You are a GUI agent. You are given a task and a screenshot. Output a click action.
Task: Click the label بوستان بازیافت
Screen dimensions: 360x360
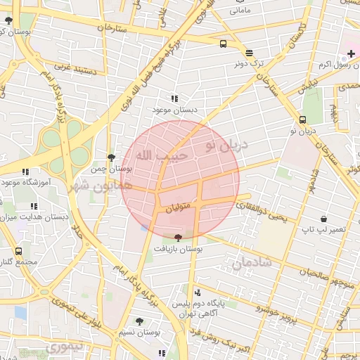[x=177, y=249]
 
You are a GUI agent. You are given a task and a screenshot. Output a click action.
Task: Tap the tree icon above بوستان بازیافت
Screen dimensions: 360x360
[x=177, y=238]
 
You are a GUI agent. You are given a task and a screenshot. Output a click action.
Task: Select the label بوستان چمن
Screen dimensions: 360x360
[x=112, y=169]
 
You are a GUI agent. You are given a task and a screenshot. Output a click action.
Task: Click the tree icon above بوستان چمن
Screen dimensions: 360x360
[x=111, y=157]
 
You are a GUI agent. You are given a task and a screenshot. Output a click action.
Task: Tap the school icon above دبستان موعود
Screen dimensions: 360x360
[x=174, y=99]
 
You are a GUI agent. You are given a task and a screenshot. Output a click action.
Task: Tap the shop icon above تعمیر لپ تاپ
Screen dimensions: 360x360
[x=323, y=219]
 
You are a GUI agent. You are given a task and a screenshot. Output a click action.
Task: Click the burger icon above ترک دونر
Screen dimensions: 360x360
[x=249, y=53]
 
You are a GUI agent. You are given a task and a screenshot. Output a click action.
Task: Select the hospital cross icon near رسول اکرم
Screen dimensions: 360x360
[x=351, y=54]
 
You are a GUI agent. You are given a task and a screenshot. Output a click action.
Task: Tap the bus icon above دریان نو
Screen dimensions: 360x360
[x=302, y=120]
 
